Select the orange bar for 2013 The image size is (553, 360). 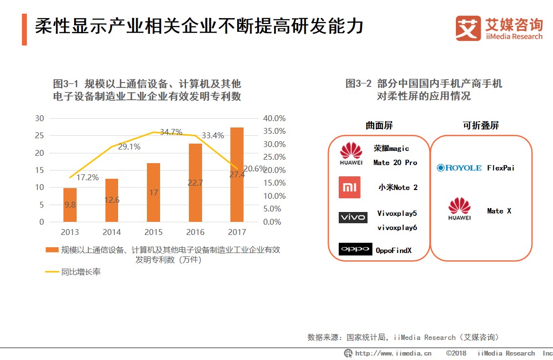[x=70, y=205]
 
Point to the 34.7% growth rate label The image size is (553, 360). [x=171, y=132]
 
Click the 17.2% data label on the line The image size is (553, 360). [x=87, y=177]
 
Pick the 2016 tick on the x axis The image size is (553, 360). [x=195, y=232]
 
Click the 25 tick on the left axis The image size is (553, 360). [x=40, y=135]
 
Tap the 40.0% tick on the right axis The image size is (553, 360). [x=274, y=118]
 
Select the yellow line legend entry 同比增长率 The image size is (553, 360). [x=73, y=272]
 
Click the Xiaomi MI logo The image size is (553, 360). [x=349, y=187]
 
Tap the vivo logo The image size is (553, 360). [x=352, y=217]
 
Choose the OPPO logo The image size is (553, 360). [x=355, y=249]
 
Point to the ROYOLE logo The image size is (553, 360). [x=459, y=168]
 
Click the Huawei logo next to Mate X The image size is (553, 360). [x=459, y=209]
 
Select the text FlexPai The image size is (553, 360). [x=501, y=168]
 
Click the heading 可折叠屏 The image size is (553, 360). [x=481, y=126]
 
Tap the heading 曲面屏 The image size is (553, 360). [x=379, y=126]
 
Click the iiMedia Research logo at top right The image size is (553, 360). [x=498, y=28]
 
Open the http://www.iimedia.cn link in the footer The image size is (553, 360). [x=393, y=353]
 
